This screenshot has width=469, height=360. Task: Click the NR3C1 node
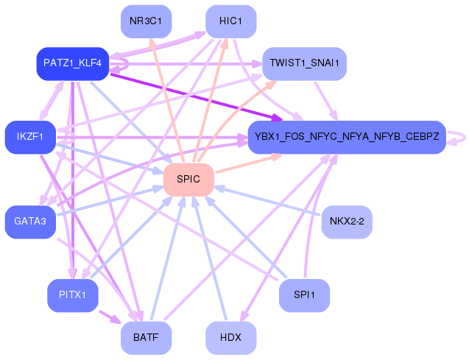[x=146, y=21]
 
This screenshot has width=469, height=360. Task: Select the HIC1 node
[x=230, y=21]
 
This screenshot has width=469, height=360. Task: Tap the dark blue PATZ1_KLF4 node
[x=73, y=63]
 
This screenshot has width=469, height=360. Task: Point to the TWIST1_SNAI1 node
[x=304, y=63]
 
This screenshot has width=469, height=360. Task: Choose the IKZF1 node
[x=30, y=137]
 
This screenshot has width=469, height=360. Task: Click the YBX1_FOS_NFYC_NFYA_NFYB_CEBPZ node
[x=347, y=137]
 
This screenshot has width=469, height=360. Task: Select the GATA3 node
[x=30, y=222]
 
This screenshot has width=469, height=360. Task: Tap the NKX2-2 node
[x=347, y=222]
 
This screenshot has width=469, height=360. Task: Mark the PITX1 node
[x=73, y=295]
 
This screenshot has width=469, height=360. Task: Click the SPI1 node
[x=304, y=295]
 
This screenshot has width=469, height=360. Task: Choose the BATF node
[x=146, y=338]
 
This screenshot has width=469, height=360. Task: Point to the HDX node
[x=230, y=338]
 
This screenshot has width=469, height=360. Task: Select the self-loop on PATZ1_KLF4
[x=126, y=64]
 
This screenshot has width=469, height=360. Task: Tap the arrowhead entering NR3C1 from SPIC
[x=152, y=43]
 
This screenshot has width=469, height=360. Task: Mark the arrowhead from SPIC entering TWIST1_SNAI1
[x=272, y=83]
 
